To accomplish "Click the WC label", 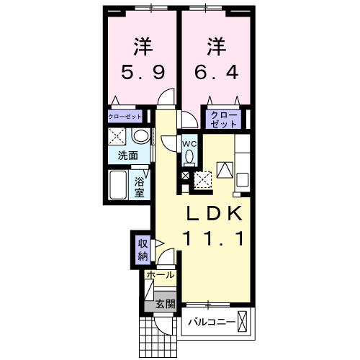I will [x=189, y=143].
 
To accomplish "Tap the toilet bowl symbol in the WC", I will [x=189, y=157].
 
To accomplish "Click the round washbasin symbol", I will [x=140, y=137].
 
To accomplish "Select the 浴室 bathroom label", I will [x=139, y=186].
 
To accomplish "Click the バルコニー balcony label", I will [x=212, y=321].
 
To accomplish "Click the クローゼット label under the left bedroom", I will [x=125, y=116].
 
